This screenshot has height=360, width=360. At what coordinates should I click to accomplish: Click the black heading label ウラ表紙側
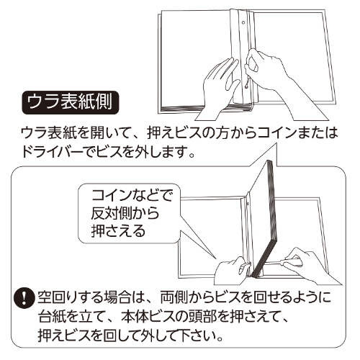tap(70, 102)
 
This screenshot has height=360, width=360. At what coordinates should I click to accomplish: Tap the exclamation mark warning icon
tap(24, 298)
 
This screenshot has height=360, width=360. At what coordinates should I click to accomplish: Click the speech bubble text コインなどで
tap(132, 195)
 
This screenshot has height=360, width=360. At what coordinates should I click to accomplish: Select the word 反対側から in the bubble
tap(125, 213)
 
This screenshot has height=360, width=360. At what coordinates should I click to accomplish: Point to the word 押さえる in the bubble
tap(118, 231)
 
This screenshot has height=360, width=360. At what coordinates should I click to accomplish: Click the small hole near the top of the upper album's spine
tap(243, 23)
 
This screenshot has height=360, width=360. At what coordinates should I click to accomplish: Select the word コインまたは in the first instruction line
tap(298, 132)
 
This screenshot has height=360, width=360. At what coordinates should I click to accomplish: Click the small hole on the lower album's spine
tap(247, 204)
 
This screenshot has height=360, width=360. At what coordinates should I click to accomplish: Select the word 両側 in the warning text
tap(174, 297)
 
